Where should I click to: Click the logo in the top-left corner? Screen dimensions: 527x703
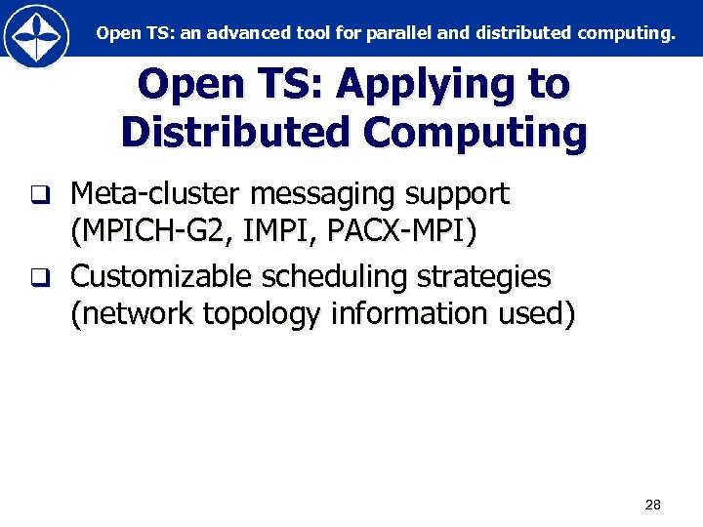point(36,35)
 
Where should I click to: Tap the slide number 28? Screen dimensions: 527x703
point(653,505)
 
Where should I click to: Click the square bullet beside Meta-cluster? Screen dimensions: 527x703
point(38,195)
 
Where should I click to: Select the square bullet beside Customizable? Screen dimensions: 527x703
point(38,277)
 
